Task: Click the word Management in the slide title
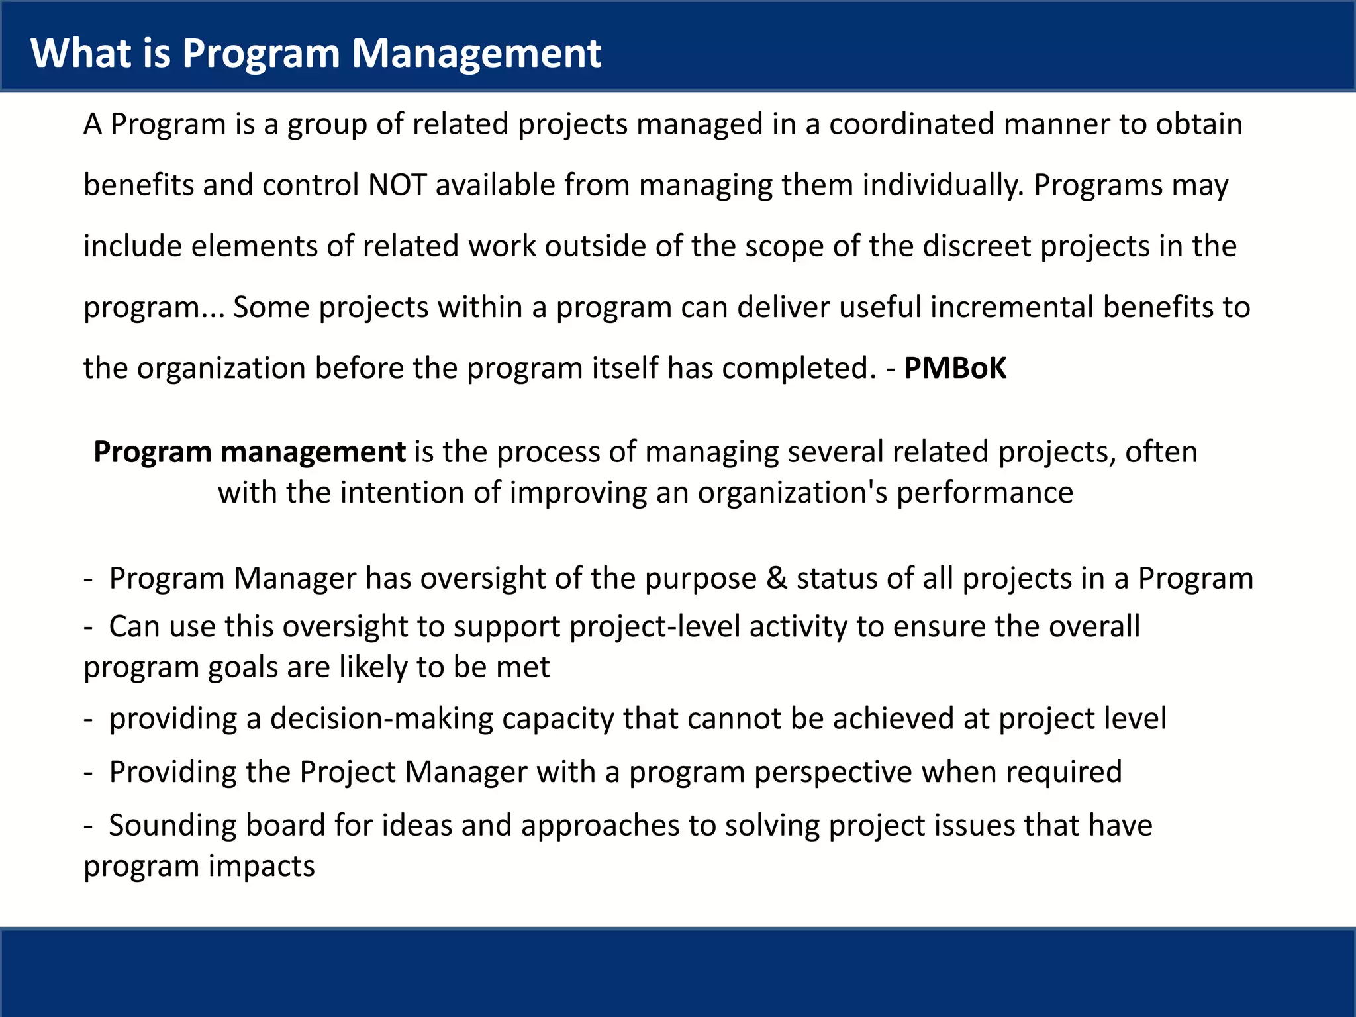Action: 476,53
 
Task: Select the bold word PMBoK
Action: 955,368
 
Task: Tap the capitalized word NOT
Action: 397,185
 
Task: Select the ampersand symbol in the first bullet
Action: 776,579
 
